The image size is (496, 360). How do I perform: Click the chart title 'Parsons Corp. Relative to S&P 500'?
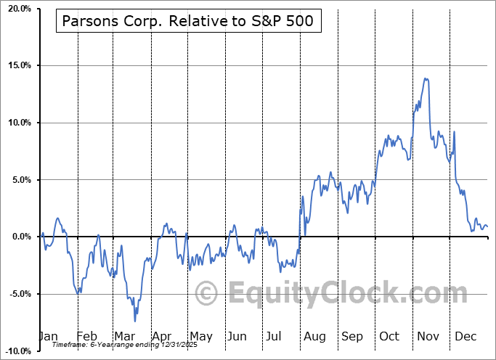[x=187, y=21]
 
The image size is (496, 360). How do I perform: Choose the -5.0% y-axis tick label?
[x=17, y=294]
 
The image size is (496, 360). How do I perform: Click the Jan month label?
[x=48, y=336]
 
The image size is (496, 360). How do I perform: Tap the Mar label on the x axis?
[x=124, y=336]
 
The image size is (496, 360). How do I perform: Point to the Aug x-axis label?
[x=314, y=336]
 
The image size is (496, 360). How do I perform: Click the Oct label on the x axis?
[x=389, y=336]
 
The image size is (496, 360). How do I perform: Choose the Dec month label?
[x=465, y=336]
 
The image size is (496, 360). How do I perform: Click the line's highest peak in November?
[x=426, y=78]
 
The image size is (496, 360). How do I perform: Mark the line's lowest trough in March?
[x=134, y=321]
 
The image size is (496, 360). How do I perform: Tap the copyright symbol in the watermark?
[x=208, y=293]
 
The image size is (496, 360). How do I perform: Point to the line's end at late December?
[x=487, y=227]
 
